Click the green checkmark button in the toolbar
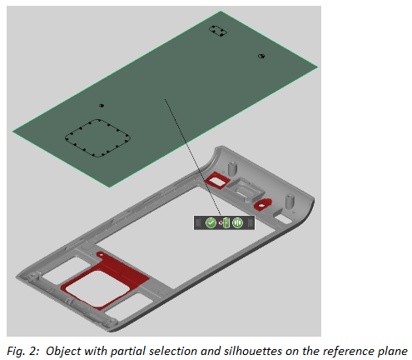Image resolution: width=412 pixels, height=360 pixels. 211,222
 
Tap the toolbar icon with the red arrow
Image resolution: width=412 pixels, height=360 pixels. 225,222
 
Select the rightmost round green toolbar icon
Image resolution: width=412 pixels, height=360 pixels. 237,222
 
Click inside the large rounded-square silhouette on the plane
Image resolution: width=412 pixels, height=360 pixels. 97,138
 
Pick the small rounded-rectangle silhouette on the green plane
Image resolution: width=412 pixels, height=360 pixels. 218,31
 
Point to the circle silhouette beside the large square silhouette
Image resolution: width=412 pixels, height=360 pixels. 102,106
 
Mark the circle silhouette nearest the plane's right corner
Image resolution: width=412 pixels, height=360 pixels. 261,56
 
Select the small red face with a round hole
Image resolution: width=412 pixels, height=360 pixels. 262,205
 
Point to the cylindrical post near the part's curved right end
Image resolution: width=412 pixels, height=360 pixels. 290,201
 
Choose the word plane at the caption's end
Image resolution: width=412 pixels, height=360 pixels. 393,352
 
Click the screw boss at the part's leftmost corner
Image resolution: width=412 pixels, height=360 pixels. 33,277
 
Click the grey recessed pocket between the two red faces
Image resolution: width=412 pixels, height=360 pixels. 245,189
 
